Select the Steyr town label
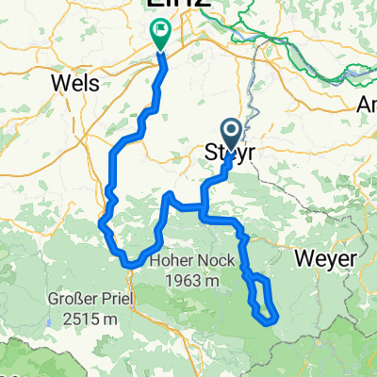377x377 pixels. click(232, 152)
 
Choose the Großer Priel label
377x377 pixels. click(90, 302)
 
